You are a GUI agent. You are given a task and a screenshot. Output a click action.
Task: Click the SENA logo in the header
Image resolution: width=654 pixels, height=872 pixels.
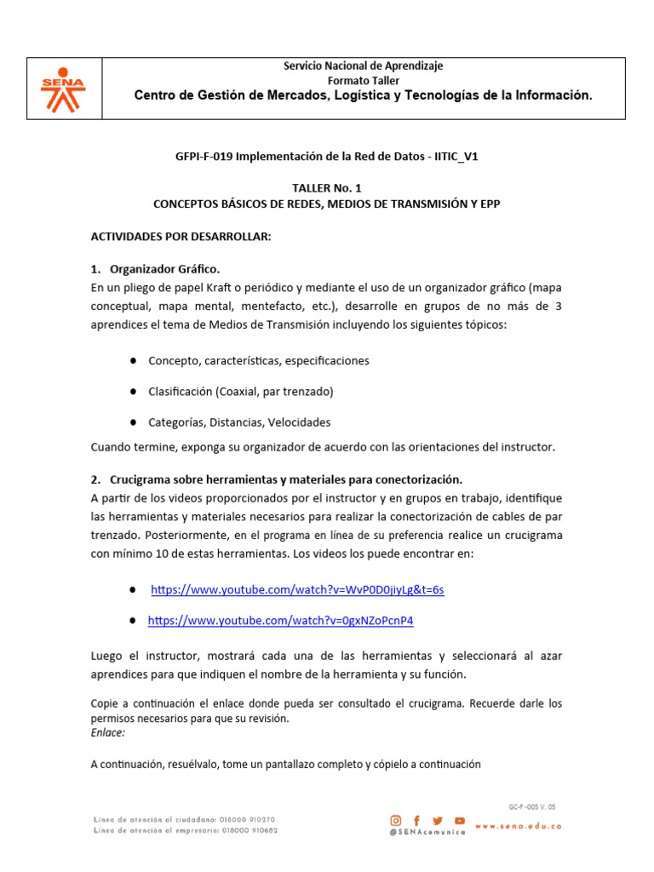coord(64,89)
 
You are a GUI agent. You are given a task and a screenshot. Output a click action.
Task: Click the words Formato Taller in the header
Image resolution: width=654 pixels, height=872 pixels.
coord(363,81)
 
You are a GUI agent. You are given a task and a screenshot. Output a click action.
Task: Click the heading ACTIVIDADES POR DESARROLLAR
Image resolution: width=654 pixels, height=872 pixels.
coord(181,236)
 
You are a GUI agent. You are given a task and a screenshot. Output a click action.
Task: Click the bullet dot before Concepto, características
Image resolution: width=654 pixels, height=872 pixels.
coord(135,360)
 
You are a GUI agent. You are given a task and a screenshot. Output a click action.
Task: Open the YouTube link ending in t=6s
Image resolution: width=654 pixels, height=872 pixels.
coord(297,589)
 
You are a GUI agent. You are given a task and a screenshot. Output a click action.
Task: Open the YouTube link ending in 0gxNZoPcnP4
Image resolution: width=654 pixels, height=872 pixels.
coord(280,621)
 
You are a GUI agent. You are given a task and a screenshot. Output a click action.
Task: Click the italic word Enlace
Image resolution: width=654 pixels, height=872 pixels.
coord(107,732)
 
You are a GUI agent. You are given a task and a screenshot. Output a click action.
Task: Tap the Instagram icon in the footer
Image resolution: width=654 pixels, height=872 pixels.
coord(396,820)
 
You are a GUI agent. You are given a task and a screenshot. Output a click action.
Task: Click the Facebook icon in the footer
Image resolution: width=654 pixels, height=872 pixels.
coord(417,820)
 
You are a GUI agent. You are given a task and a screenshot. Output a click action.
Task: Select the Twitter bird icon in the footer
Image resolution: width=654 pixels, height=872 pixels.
coord(438,820)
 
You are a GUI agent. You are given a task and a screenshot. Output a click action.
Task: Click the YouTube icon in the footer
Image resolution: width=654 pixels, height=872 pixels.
coord(460,820)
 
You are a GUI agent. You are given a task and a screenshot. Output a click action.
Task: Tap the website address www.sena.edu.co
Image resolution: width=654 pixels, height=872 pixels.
coord(518,826)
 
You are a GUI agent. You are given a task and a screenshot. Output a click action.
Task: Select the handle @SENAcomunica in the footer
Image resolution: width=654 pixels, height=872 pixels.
coord(427,833)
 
